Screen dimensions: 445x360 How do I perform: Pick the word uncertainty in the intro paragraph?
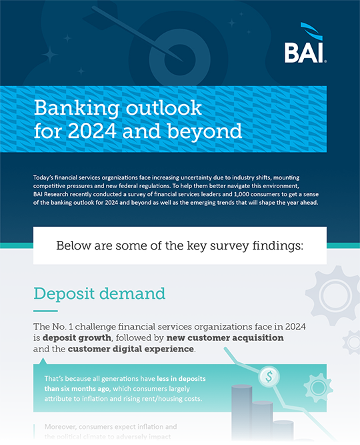199,177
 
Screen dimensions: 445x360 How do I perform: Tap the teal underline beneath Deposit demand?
45,310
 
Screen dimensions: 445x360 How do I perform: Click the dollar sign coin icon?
270,376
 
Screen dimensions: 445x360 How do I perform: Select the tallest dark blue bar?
241,414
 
